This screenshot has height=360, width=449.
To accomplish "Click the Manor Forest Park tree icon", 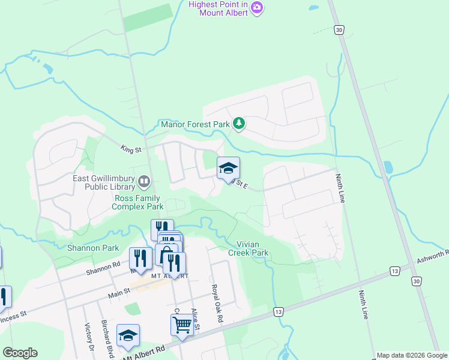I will (x=240, y=124).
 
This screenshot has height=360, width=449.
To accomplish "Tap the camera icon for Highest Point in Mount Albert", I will (x=258, y=7).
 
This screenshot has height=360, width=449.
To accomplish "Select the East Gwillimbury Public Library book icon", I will (x=144, y=181).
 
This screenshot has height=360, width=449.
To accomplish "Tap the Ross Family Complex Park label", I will (x=137, y=202).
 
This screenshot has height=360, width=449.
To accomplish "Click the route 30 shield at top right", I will (x=340, y=29).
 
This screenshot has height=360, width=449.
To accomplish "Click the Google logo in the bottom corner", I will (x=20, y=353).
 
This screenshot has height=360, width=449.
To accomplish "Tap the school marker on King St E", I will (x=228, y=167).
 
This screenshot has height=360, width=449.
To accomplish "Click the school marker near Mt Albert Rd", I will (x=128, y=335).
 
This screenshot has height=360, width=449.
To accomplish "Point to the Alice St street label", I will (x=195, y=314).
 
